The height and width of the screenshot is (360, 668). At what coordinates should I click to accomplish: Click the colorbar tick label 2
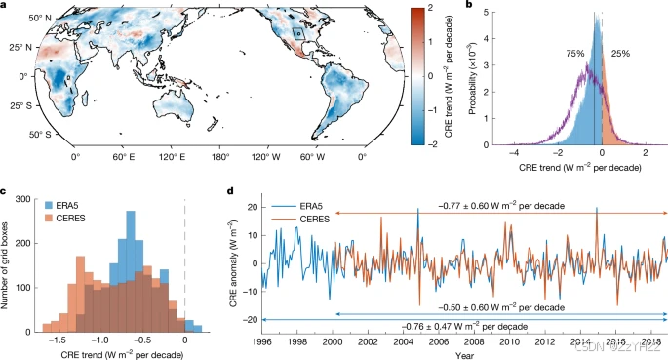(x=414, y=9)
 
